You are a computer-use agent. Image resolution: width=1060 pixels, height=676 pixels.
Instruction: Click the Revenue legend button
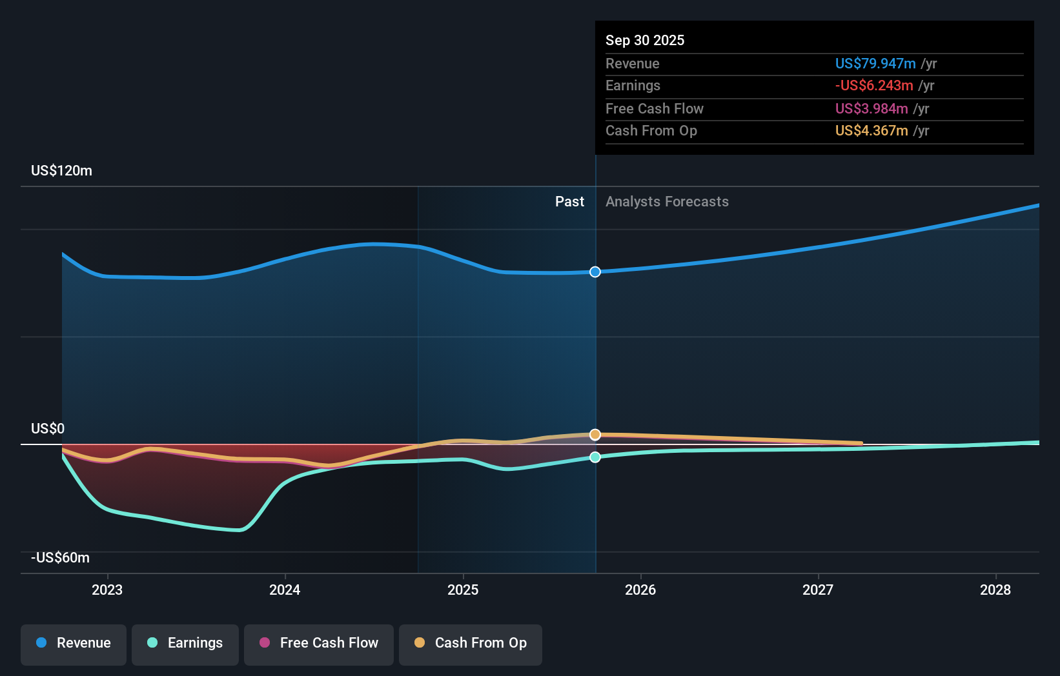point(74,644)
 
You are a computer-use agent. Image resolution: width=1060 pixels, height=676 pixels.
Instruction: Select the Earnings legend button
point(185,644)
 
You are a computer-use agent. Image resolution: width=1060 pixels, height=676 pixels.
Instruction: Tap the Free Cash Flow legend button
point(319,644)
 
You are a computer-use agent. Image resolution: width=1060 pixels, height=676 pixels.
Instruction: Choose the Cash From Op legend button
point(471,644)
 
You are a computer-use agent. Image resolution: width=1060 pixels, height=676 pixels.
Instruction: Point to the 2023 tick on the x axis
point(107,590)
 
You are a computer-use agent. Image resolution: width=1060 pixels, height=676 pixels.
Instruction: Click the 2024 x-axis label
point(285,590)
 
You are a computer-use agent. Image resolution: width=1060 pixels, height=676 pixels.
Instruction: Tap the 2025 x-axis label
point(463,590)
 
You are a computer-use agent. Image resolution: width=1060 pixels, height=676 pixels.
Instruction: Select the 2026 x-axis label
point(640,590)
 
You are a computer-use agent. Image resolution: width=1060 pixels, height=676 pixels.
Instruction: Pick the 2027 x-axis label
point(818,590)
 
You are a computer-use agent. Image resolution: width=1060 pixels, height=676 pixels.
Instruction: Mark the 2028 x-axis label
point(995,590)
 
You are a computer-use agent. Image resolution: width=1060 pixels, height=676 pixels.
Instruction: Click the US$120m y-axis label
point(62,171)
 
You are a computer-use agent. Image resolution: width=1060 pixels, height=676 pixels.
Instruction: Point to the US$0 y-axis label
point(48,429)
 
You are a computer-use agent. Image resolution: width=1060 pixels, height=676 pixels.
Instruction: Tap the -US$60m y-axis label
point(61,558)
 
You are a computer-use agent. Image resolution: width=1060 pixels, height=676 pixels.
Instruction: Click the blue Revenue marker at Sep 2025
point(595,272)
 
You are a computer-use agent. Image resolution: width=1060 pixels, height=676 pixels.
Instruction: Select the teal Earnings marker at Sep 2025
point(595,457)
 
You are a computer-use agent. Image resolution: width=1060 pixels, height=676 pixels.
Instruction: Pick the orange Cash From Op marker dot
point(595,435)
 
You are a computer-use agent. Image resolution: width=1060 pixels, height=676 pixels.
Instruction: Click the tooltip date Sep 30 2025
point(645,40)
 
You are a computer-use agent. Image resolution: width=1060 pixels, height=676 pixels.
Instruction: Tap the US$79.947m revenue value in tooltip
point(875,64)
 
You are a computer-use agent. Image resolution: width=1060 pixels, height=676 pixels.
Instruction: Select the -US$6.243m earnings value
point(874,86)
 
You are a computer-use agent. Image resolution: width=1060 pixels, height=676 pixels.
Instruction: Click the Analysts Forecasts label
point(667,202)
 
